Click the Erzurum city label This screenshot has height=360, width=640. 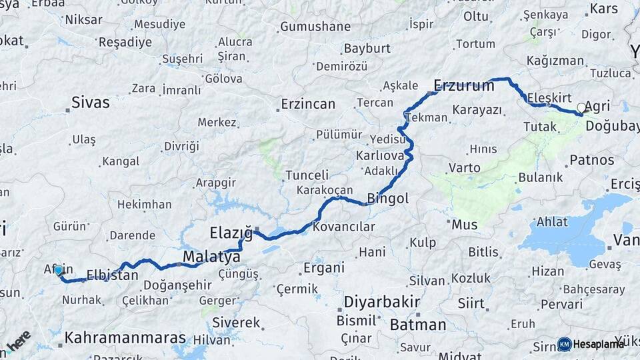[464, 85]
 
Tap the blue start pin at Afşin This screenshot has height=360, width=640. [59, 270]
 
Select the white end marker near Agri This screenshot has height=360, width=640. [581, 107]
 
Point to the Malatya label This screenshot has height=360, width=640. [211, 257]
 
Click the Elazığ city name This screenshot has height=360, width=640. [231, 233]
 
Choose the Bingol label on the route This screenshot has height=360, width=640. [387, 198]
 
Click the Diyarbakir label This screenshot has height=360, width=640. [382, 302]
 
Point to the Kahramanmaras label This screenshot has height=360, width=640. [125, 337]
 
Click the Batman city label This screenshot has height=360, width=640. [417, 325]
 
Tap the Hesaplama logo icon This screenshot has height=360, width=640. [565, 344]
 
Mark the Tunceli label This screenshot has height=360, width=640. [307, 175]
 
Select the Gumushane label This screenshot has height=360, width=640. [315, 27]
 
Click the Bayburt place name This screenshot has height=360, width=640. [367, 49]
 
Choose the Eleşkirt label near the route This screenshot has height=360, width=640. [549, 98]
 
